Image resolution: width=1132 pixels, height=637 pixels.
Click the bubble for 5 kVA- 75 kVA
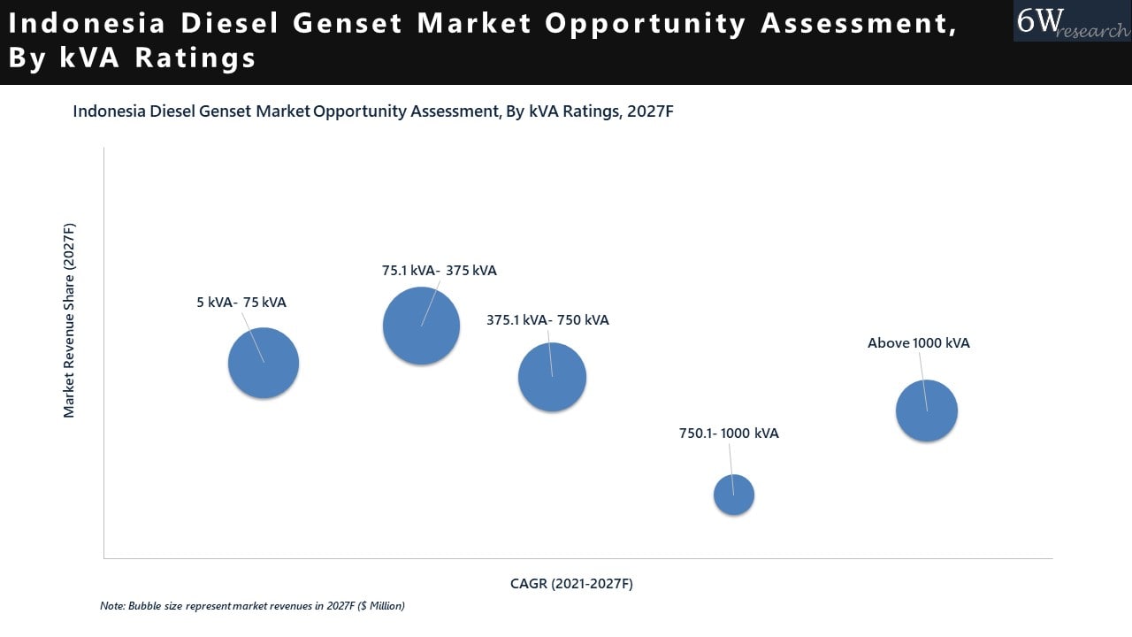pos(264,363)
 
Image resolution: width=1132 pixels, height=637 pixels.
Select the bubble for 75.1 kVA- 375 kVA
pos(421,326)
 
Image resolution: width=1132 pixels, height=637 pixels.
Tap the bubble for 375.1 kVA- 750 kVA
pos(552,377)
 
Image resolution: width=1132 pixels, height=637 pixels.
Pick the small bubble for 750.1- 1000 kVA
pos(734,495)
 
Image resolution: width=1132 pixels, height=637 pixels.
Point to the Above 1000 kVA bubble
pos(927,411)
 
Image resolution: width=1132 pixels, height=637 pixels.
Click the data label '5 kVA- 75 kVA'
pos(241,303)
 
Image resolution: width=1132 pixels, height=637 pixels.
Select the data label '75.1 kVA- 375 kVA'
pos(440,271)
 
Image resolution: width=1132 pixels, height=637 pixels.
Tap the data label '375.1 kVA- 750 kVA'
pos(547,320)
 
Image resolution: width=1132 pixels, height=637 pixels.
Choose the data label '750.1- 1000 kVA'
pos(729,434)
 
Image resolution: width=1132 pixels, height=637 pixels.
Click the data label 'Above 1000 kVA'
pos(918,343)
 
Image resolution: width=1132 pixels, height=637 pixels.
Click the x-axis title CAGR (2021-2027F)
pos(571,584)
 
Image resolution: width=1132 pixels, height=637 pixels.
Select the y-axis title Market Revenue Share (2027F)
pos(69,320)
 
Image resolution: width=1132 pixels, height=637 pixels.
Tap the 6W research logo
pos(1072,20)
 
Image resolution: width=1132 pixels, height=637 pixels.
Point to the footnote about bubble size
pos(252,606)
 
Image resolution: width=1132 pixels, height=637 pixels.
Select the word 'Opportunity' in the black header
pos(646,24)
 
